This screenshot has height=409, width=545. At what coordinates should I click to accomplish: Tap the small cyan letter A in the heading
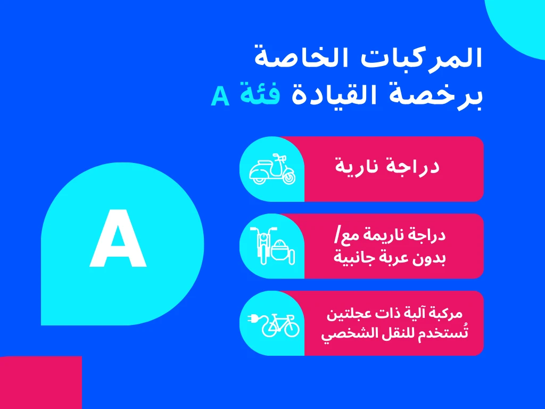tap(220, 96)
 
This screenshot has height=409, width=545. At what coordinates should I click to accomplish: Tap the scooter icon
tap(272, 169)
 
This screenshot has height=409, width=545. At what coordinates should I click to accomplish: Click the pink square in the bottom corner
tap(40, 382)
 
